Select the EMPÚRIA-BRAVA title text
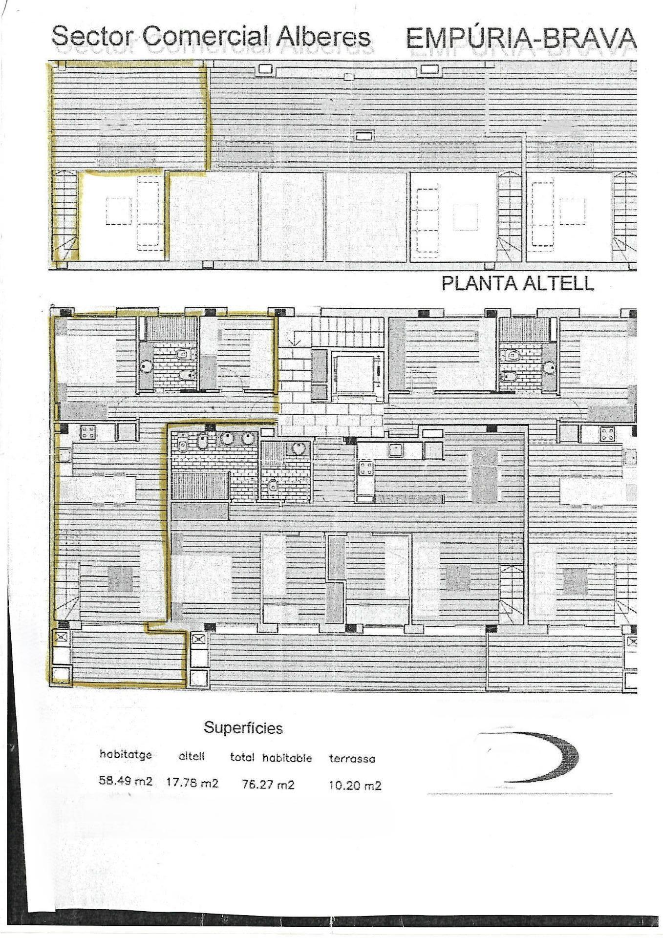click(x=521, y=38)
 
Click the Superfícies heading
click(x=243, y=727)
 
